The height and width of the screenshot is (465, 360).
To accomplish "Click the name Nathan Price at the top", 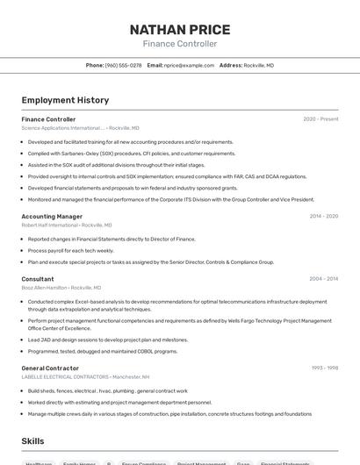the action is [180, 30].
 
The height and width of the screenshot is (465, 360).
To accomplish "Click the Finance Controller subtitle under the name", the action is [180, 44].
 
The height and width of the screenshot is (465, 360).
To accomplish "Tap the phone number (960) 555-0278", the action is [123, 65].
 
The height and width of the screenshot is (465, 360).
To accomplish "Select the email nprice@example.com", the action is [189, 65].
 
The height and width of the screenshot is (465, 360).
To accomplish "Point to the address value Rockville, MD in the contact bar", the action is [259, 65].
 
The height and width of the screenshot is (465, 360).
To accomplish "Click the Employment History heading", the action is [65, 100].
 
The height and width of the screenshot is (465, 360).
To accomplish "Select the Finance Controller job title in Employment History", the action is [48, 119].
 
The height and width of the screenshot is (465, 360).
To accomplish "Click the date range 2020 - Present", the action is [320, 119].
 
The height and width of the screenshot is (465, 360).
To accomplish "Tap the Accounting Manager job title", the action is [52, 217].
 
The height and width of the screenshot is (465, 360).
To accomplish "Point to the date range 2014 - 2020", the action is [323, 217].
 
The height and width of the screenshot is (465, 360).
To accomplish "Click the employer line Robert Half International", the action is [50, 225].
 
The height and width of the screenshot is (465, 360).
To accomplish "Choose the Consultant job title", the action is [38, 279].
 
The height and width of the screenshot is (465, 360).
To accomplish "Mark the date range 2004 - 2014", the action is [323, 279].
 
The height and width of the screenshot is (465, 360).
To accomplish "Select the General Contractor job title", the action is [50, 368].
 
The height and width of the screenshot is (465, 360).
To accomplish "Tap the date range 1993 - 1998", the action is [324, 368].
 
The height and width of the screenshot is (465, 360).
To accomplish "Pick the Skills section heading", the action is [32, 441].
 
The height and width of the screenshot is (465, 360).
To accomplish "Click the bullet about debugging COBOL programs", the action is [103, 351].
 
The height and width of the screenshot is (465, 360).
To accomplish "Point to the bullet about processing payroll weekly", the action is [71, 250].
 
